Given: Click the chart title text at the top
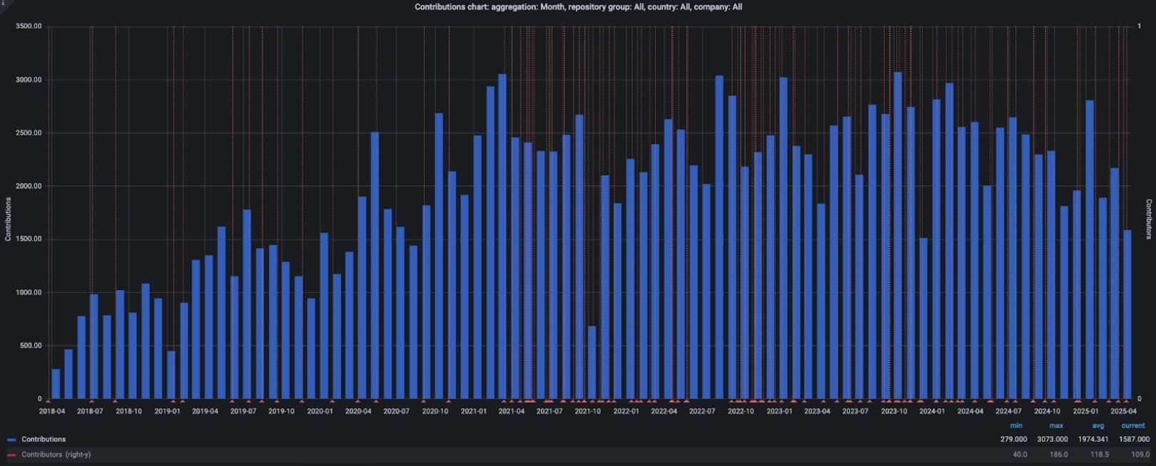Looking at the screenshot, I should [x=578, y=7].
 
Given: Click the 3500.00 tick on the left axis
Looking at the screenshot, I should [x=28, y=26].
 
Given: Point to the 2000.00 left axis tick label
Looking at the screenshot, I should [x=28, y=186].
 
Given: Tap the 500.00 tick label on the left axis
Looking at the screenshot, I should [x=30, y=346].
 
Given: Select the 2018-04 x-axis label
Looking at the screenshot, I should [x=51, y=411].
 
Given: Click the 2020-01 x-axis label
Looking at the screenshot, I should [x=320, y=411].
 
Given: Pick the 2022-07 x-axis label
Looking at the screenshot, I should [x=702, y=411].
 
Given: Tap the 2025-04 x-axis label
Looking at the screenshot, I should [x=1123, y=411].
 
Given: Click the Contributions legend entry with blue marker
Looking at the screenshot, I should [x=43, y=440].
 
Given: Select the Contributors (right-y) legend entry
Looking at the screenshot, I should [x=55, y=455].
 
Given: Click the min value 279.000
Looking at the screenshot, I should [x=1013, y=440].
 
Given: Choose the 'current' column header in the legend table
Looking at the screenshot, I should [x=1133, y=425].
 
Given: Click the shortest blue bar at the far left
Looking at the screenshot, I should [x=56, y=384].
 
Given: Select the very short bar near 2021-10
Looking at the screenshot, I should [x=592, y=363].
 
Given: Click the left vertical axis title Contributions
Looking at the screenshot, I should [x=8, y=219].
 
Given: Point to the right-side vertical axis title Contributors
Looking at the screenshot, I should [x=1149, y=219].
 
